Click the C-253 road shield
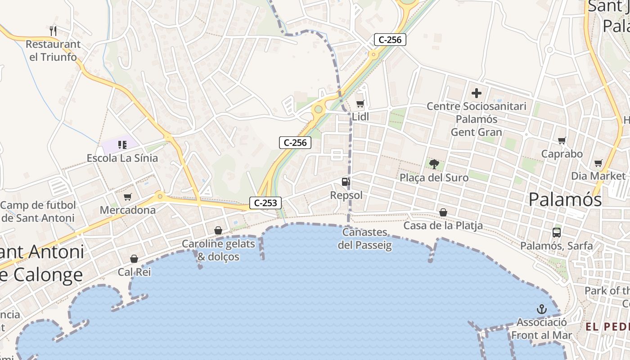click(265, 203)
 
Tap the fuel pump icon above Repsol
click(346, 182)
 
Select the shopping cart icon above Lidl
click(360, 104)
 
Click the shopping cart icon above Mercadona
click(128, 197)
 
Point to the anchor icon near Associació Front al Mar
click(542, 309)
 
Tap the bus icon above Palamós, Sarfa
click(557, 233)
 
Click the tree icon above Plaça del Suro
click(434, 164)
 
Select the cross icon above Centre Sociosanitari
click(477, 94)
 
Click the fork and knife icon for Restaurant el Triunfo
click(53, 31)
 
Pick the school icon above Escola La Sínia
click(122, 145)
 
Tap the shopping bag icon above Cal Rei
click(134, 259)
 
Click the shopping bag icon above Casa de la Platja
click(443, 212)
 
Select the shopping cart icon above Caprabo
click(562, 141)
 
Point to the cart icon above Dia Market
click(598, 163)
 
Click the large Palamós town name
click(565, 199)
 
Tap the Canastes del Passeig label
click(365, 239)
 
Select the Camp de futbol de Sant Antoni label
click(38, 212)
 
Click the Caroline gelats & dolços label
click(218, 250)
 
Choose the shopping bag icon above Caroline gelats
click(218, 231)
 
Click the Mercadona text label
click(128, 210)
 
